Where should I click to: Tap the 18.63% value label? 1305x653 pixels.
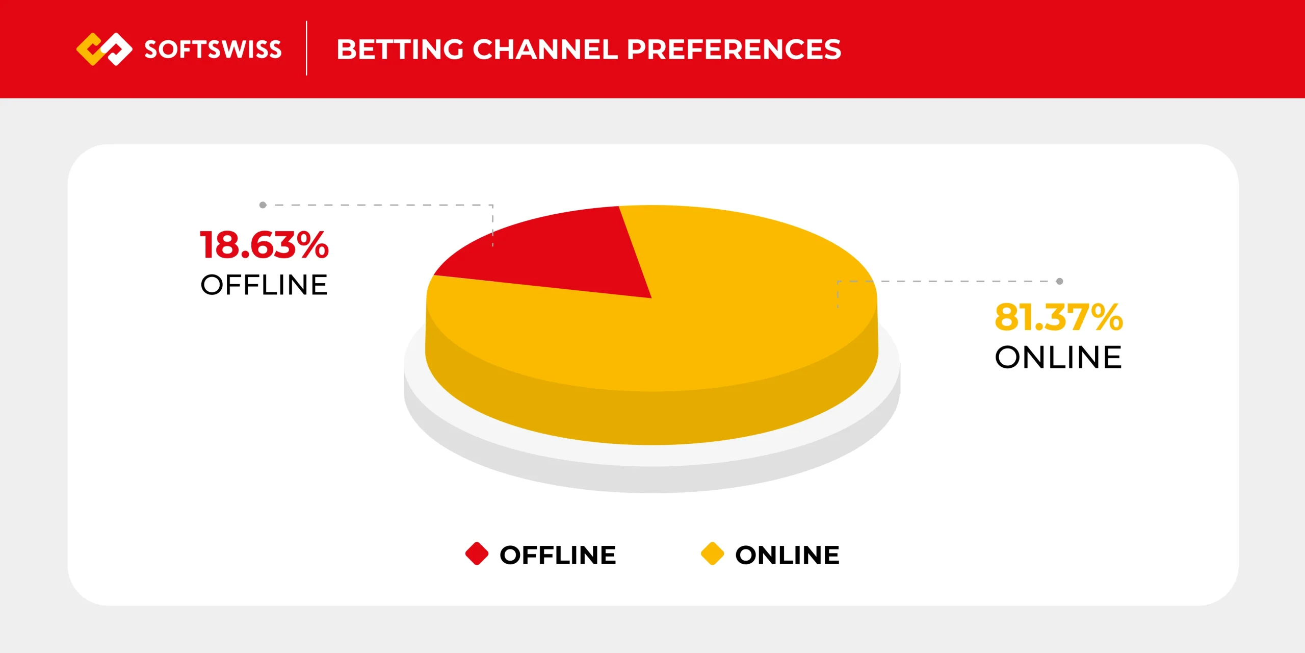[264, 245]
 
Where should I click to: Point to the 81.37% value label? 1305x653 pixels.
[1058, 317]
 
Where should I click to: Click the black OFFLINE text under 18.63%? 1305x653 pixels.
[264, 285]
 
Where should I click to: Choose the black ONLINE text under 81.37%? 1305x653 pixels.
[1058, 357]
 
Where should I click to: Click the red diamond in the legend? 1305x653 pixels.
[477, 554]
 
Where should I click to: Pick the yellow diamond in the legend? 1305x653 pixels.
[712, 554]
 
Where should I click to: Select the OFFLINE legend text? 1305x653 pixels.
[558, 555]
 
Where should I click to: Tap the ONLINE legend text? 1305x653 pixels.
[787, 555]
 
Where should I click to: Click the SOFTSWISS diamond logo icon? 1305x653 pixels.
[104, 49]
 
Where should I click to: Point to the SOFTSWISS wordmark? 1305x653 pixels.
[213, 49]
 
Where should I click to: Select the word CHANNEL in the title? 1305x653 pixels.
[545, 49]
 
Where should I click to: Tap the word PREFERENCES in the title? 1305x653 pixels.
[734, 49]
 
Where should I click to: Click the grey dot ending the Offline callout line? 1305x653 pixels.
[263, 205]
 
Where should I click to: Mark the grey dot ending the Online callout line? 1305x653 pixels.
[1059, 281]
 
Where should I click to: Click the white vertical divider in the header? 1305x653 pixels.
[306, 48]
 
